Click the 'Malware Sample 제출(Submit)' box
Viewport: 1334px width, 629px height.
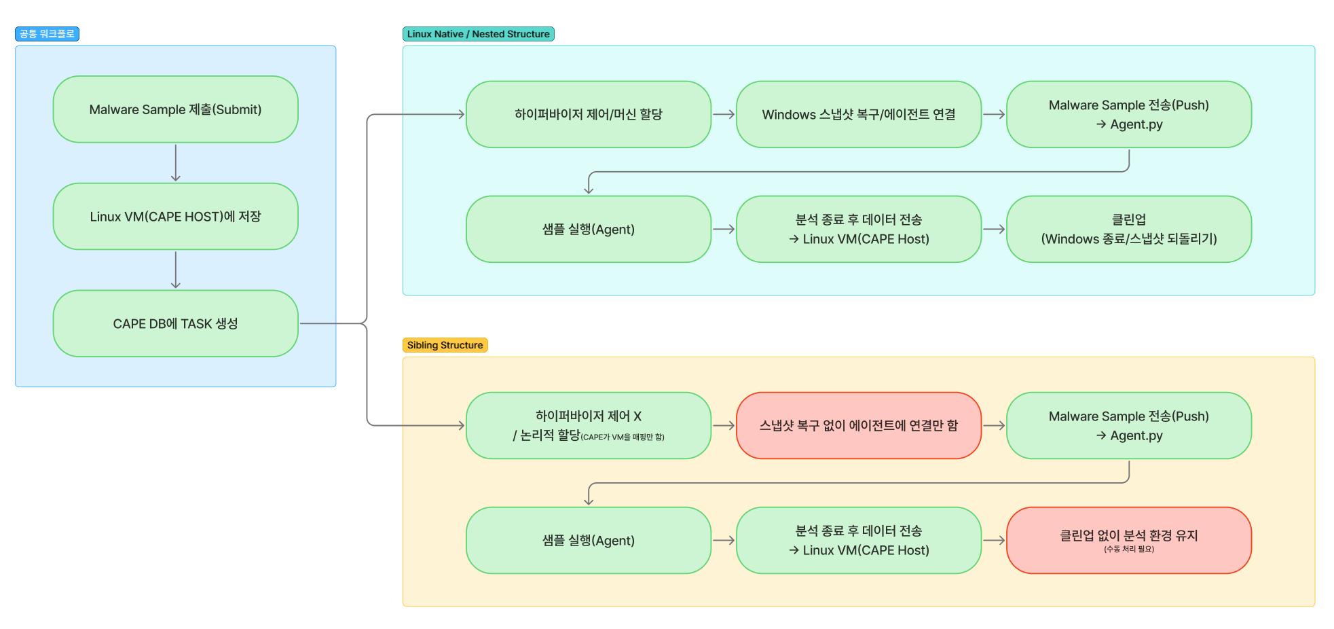pos(175,109)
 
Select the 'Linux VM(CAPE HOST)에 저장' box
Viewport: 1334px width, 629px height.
pos(175,216)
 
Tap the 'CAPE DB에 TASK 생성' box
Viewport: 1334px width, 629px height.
pos(175,323)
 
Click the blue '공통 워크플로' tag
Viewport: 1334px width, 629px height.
pos(47,34)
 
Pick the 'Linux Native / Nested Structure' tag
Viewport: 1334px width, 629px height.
pos(478,34)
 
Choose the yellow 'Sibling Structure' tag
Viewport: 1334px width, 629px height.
pos(445,345)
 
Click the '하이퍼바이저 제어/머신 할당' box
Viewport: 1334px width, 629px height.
pos(588,114)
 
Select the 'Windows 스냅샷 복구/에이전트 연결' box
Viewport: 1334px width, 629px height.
pos(858,114)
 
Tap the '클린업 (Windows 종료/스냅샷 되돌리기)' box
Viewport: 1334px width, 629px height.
pos(1128,229)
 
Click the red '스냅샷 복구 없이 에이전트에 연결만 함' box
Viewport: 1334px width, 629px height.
pos(858,425)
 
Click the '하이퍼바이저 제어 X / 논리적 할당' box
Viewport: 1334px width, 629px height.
pos(588,425)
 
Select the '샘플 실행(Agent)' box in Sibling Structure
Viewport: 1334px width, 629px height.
pos(588,540)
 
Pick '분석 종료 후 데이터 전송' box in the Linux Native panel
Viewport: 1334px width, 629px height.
pos(858,229)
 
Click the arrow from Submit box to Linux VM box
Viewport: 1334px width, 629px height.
pos(175,162)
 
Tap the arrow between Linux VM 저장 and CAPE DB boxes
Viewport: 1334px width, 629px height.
pos(175,270)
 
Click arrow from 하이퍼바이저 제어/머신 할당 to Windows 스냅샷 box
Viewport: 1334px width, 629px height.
pos(724,114)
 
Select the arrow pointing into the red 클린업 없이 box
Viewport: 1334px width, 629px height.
pos(994,540)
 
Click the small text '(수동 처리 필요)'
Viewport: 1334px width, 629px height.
pos(1128,550)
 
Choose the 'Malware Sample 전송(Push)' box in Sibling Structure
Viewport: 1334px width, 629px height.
pos(1128,425)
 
